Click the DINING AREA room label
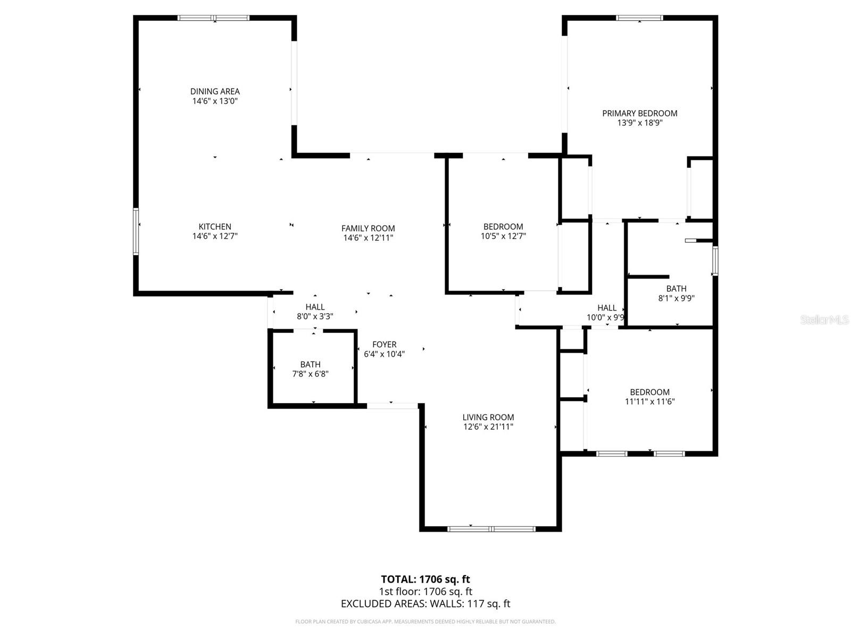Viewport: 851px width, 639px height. pos(215,92)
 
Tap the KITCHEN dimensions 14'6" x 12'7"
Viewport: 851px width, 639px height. pos(215,236)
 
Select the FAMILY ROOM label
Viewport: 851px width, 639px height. pos(368,228)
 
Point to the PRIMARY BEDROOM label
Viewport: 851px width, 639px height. pos(639,113)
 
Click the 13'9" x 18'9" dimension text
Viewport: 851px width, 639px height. pos(639,122)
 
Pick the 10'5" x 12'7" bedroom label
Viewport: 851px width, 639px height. pos(503,231)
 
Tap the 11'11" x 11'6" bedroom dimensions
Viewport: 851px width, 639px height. pos(649,402)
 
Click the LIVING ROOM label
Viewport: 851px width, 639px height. pos(488,417)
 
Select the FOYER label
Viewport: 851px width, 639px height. pos(384,345)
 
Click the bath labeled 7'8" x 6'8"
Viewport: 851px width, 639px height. pos(310,369)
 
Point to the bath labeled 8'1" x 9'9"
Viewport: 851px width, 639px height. pos(676,293)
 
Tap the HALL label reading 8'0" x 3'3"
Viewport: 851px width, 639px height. pos(315,312)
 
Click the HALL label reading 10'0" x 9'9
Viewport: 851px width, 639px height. pos(606,313)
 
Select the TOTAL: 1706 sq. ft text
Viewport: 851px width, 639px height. pos(425,579)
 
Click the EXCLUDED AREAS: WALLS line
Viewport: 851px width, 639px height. pos(425,603)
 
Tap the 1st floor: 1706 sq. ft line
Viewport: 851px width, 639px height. pos(425,591)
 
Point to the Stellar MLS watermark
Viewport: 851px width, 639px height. pos(824,319)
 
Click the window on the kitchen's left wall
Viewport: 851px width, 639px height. pos(136,231)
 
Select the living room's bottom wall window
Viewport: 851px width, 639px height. pos(491,529)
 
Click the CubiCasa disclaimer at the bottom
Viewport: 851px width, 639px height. pos(425,621)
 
